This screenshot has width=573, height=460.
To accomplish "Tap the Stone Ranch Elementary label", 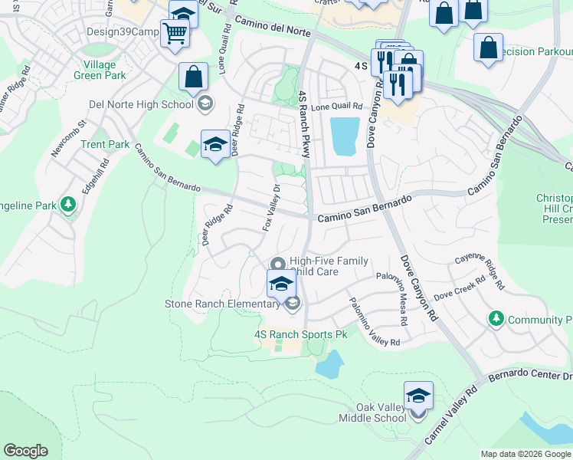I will click(x=222, y=304).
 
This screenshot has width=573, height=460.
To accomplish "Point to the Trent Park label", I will click(x=105, y=144).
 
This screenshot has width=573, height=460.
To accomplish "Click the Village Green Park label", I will click(x=100, y=70).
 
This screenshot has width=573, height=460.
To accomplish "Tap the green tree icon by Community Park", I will click(x=496, y=318).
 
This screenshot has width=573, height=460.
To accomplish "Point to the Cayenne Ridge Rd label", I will click(x=480, y=272).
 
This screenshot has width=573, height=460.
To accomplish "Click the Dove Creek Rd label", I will click(x=460, y=287).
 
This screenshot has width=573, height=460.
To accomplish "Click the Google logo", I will click(x=25, y=450).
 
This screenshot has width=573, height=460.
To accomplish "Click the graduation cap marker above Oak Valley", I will click(x=418, y=396).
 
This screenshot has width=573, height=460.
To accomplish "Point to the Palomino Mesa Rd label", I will click(x=401, y=300).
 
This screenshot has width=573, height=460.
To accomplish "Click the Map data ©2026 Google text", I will click(x=526, y=454).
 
